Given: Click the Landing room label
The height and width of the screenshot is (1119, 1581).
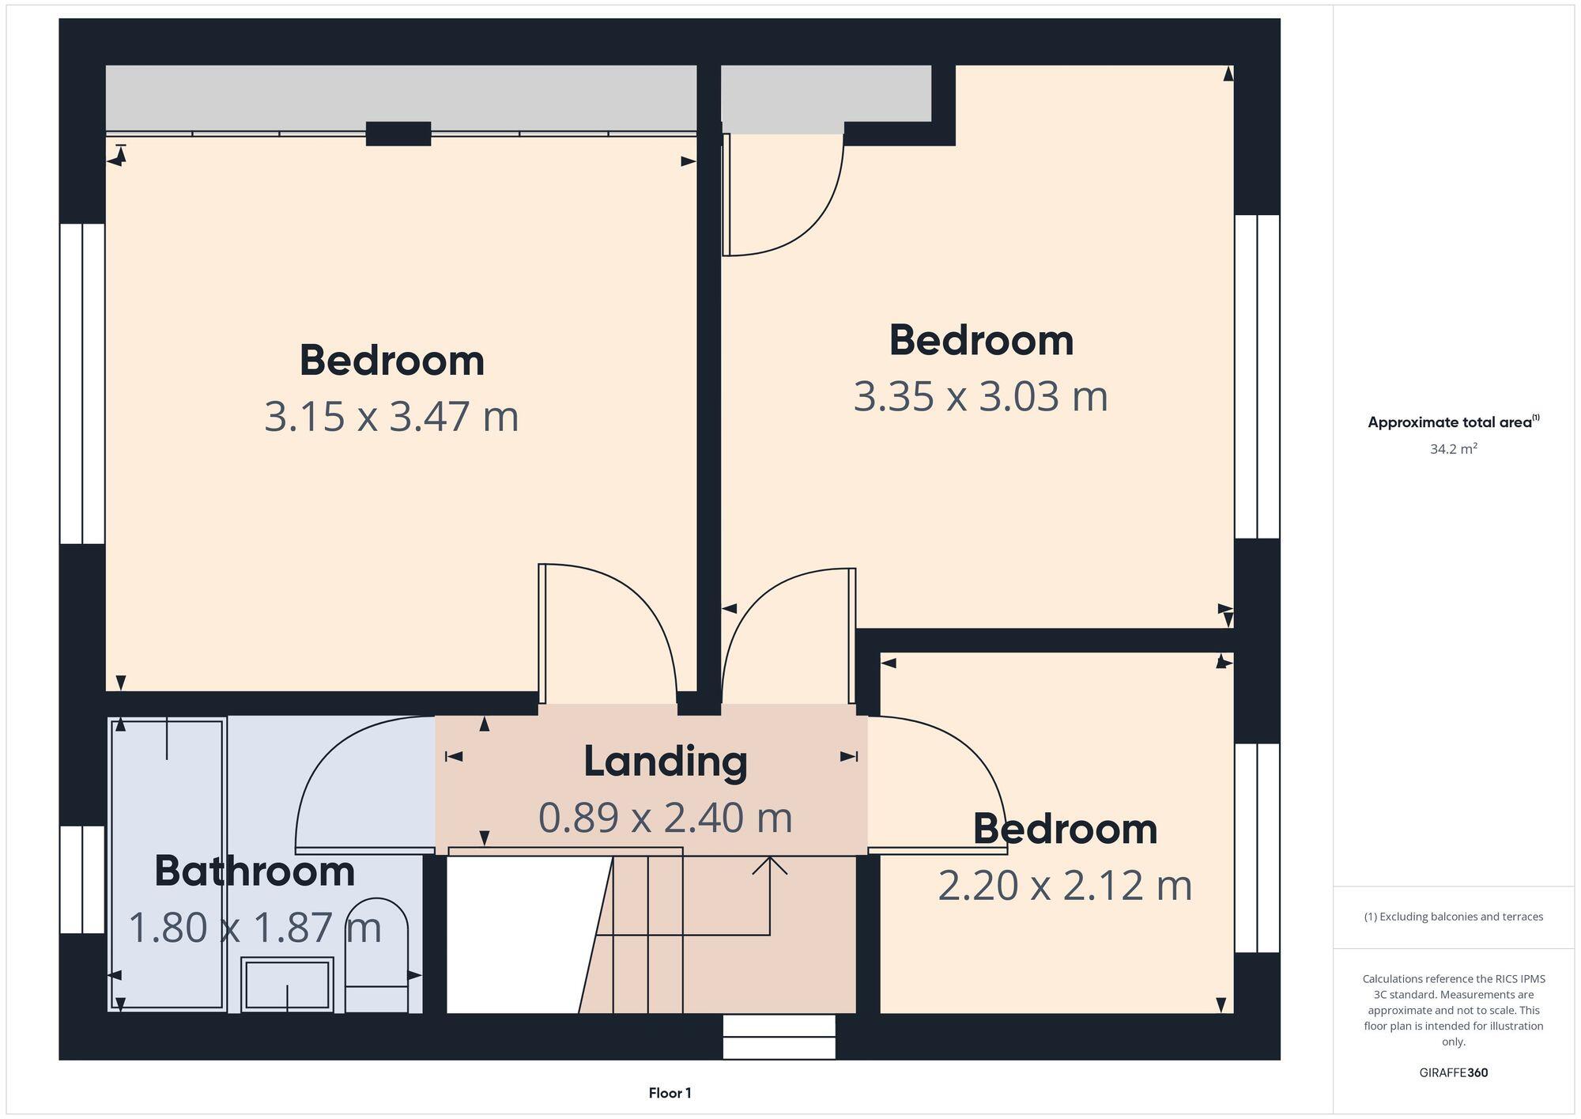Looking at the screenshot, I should click(666, 762).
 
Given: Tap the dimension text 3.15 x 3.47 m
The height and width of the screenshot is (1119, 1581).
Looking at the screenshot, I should click(391, 417).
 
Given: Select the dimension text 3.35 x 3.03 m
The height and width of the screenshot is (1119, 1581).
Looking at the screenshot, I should click(980, 396).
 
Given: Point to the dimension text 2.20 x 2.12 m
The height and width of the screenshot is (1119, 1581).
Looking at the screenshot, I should click(1065, 886).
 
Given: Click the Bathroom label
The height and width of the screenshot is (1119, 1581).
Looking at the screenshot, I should click(254, 871).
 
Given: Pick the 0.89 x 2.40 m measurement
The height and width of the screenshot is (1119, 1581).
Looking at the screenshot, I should click(666, 818).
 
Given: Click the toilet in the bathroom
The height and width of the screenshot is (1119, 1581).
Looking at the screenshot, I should click(377, 957).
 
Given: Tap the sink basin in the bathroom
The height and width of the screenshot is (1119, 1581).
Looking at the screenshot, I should click(286, 985).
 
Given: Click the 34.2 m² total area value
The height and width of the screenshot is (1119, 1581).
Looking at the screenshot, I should click(1453, 449).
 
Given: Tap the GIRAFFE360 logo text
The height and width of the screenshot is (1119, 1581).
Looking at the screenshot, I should click(1453, 1073).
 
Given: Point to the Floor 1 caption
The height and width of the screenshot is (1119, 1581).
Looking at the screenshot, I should click(670, 1093).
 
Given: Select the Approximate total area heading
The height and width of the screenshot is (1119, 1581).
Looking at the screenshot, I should click(1453, 422).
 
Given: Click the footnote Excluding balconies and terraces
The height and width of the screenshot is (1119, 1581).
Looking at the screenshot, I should click(1453, 917).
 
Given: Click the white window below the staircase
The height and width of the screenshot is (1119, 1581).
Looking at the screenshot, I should click(779, 1037).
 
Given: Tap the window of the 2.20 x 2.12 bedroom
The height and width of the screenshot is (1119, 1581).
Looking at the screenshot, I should click(1257, 848).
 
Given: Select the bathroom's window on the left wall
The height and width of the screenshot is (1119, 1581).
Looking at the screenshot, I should click(82, 879).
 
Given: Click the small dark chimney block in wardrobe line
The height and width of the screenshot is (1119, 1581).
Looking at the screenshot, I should click(398, 134).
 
